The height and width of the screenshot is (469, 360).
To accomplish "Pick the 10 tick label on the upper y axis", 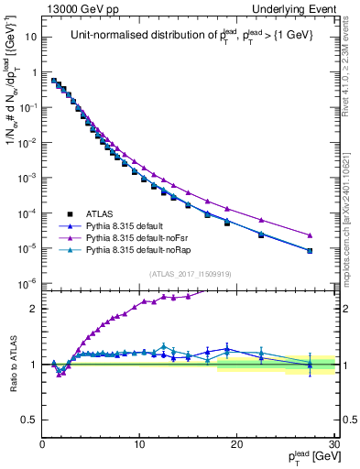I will coord(31,38).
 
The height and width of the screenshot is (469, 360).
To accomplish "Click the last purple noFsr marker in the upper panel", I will coord(310,234).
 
